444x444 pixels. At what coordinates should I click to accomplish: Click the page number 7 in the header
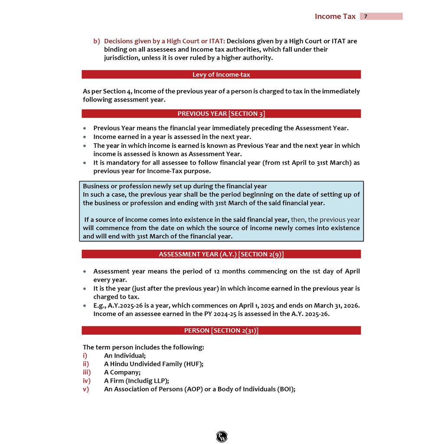click(366, 16)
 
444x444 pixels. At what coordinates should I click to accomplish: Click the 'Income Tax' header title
click(335, 16)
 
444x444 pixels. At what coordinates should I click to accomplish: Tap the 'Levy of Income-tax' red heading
click(221, 75)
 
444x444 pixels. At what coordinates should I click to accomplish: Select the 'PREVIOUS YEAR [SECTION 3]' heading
click(221, 114)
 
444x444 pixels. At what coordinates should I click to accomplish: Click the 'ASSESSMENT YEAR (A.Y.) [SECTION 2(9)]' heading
click(221, 254)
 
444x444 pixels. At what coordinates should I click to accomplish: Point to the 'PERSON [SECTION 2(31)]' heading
click(221, 330)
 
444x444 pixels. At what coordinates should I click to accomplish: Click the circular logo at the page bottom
click(222, 437)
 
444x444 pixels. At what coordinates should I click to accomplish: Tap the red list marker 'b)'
click(97, 41)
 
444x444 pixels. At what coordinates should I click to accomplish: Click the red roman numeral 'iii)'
click(87, 372)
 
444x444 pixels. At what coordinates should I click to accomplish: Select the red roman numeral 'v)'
click(86, 389)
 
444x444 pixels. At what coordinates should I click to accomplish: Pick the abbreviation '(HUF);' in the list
click(193, 364)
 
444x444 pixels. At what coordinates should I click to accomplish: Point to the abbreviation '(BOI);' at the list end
click(286, 389)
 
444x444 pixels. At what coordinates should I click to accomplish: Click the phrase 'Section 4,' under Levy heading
click(118, 91)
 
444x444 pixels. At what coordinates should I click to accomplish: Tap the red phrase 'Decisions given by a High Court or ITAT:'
click(164, 41)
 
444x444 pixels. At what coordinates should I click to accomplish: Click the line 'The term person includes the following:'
click(143, 347)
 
